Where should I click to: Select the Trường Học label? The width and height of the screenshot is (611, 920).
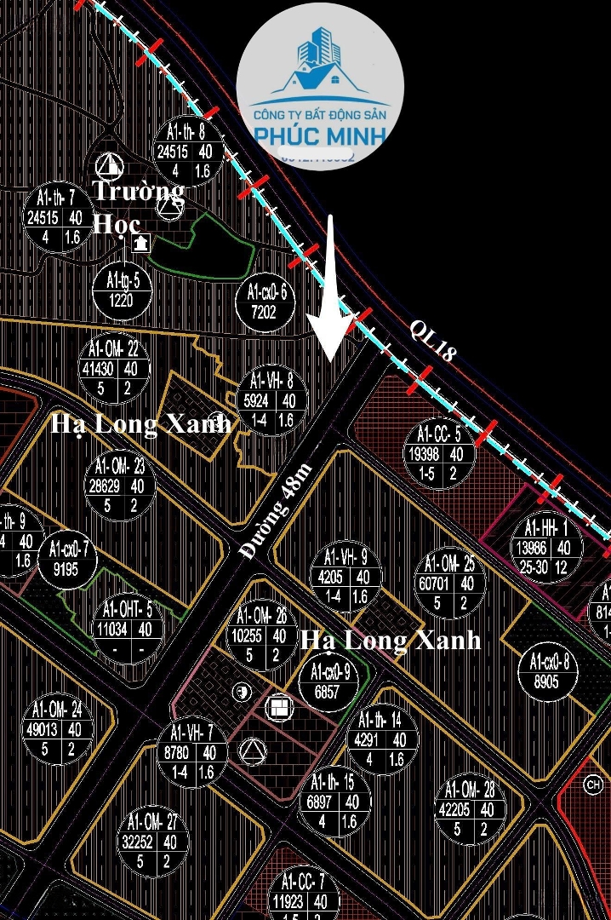pos(137,205)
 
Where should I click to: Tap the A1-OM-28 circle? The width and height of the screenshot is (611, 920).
pos(470,808)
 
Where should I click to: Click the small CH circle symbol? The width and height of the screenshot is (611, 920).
pos(593,786)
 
